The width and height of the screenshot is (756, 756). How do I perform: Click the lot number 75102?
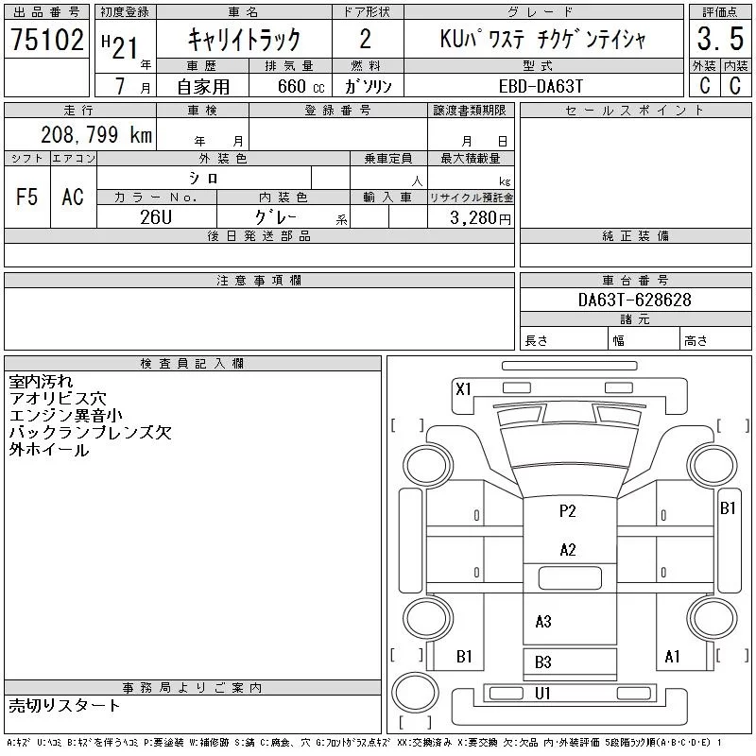pos(47,39)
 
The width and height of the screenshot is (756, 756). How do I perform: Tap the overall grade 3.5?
pos(720,39)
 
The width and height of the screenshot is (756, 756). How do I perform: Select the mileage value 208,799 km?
pos(96,134)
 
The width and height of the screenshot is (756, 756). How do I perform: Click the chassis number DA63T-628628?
pos(635,300)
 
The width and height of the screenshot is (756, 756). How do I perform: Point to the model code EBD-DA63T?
pos(541,86)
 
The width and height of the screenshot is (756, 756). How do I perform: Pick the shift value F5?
pos(27,197)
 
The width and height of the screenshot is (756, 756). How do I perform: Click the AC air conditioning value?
pos(73,197)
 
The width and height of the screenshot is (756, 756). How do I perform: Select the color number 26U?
pos(156,217)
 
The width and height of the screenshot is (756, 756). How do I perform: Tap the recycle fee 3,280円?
pos(480,218)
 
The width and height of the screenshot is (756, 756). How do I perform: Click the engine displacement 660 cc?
pos(301,86)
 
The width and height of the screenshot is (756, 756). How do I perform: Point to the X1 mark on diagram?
pos(463,389)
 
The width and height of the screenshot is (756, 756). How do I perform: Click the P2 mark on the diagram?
pos(568,510)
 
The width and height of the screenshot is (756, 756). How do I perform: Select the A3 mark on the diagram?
pos(543,622)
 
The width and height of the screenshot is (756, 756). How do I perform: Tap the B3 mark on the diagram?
pos(542,662)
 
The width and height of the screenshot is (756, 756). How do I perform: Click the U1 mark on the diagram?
pos(542,694)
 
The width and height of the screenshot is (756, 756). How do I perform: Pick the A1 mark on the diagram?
pos(672,656)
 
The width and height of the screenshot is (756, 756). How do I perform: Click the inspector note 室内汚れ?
pos(41,382)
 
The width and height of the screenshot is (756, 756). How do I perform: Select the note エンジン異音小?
pos(65,415)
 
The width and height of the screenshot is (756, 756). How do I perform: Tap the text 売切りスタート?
pos(64,705)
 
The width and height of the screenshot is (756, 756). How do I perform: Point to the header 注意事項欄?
pos(259,280)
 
